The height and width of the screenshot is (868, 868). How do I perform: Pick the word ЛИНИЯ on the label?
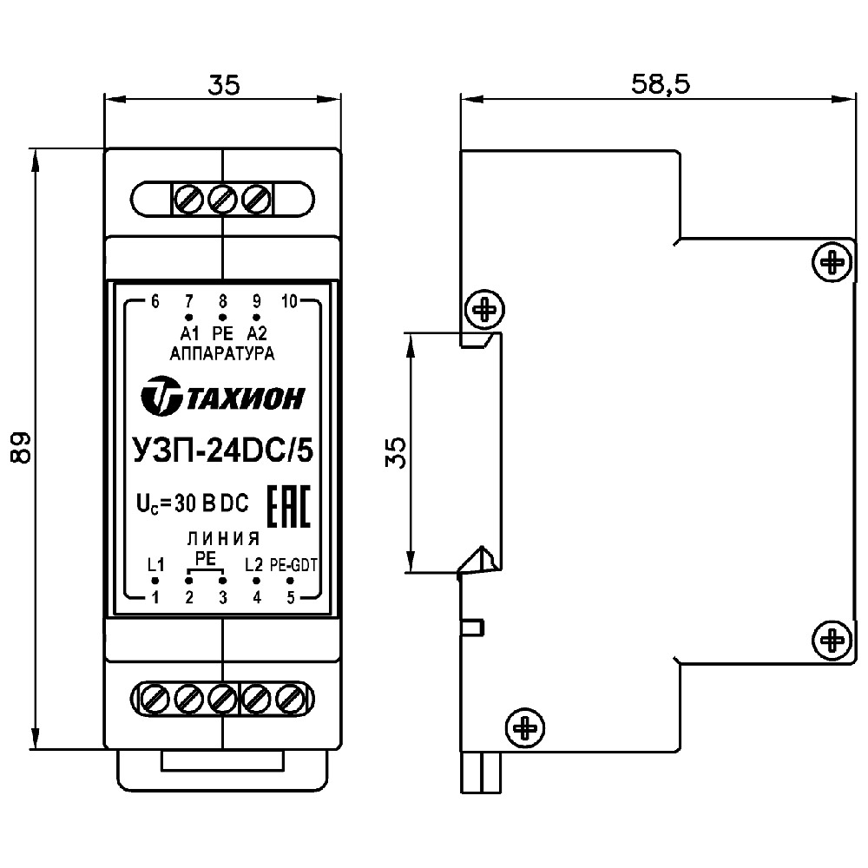point(223,536)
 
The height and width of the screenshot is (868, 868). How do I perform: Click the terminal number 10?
point(290,302)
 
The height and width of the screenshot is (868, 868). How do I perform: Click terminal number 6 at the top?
point(155,302)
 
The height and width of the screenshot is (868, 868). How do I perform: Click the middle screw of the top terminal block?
point(222,199)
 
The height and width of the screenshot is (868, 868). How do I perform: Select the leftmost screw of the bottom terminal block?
point(154,697)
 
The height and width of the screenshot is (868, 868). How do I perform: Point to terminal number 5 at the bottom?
point(291,597)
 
